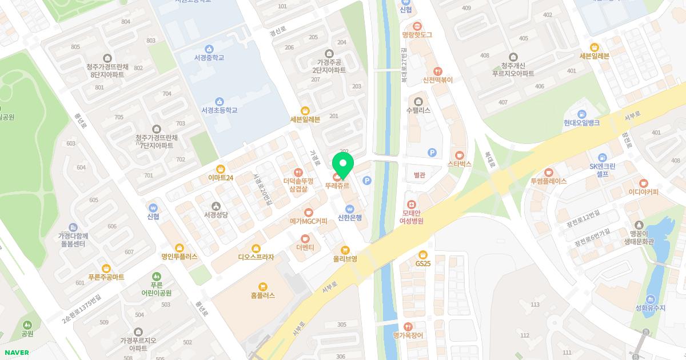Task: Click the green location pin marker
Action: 343,166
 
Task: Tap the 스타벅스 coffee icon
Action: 460,155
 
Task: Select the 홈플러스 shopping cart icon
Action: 262,286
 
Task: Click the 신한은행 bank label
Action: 350,218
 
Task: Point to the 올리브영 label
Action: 345,259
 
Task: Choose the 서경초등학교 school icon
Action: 219,101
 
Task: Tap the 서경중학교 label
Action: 209,58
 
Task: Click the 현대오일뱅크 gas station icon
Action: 581,114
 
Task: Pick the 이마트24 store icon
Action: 221,169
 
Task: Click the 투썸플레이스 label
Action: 548,181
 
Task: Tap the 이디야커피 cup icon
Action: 643,183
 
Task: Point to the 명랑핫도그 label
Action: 417,35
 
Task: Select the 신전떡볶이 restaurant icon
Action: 437,71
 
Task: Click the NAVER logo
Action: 15,353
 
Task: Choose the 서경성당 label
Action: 216,215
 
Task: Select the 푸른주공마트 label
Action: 106,277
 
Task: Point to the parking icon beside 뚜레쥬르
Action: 367,181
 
